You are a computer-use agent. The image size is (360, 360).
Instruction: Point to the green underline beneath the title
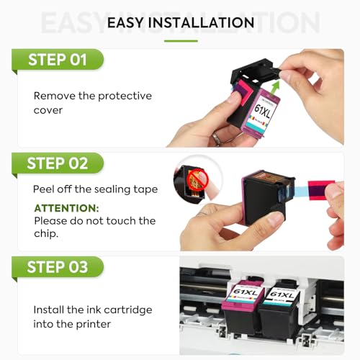(x=180, y=40)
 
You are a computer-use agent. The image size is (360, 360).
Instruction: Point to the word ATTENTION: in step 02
(x=66, y=207)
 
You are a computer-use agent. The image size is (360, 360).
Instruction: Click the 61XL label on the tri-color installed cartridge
(x=242, y=294)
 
